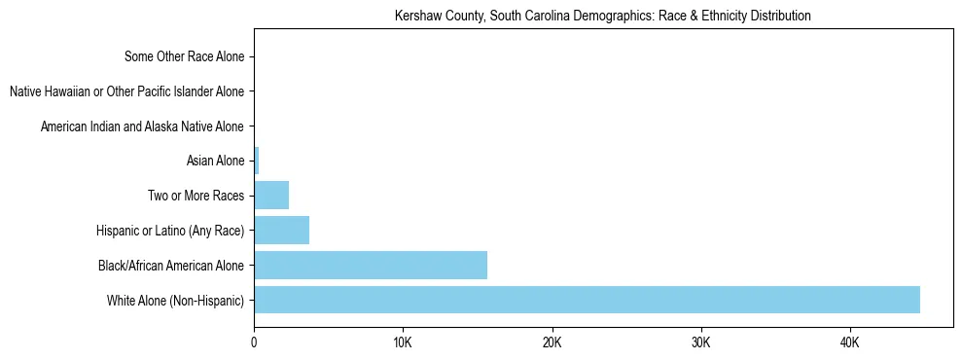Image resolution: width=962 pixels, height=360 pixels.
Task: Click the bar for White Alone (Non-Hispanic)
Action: point(587,300)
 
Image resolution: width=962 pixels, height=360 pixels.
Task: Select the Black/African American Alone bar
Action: point(371,265)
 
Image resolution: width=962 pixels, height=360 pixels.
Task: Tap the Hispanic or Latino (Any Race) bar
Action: point(282,231)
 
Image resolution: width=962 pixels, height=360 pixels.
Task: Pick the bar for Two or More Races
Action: point(271,196)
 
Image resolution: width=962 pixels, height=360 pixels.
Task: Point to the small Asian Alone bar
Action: point(257,161)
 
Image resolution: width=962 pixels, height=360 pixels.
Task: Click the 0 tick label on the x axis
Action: point(254,342)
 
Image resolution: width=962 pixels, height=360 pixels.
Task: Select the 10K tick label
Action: point(403,342)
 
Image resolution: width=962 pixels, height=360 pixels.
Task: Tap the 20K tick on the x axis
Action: point(552,342)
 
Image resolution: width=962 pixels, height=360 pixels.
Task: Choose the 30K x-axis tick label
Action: point(700,342)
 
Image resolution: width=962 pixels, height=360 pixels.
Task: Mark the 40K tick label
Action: point(849,342)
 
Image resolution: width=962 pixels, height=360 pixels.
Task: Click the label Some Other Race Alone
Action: point(185,56)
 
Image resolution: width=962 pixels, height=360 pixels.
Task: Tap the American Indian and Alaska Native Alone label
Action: point(142,126)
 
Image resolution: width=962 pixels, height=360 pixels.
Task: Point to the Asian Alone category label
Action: point(215,161)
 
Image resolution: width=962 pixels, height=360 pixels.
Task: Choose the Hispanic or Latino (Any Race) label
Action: point(170,231)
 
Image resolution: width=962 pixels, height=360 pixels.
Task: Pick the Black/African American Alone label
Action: point(171,266)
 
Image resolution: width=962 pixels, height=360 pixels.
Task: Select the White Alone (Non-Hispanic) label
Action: point(176,301)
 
